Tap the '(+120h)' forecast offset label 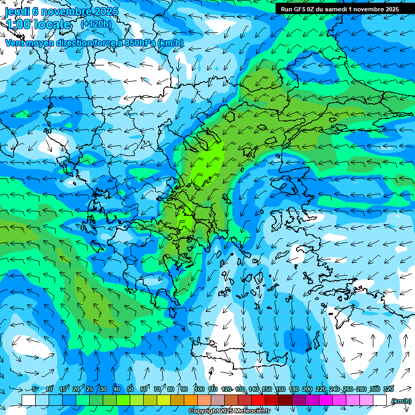tap(96, 24)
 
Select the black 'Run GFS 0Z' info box tap(340, 9)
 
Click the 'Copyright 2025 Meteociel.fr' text tap(237, 411)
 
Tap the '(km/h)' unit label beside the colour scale tap(401, 401)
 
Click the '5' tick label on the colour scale tap(35, 389)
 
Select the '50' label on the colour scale tap(130, 389)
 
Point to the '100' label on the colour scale tap(199, 389)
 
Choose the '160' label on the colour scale tap(280, 389)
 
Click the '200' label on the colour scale tap(307, 389)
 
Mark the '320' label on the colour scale tap(388, 389)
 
